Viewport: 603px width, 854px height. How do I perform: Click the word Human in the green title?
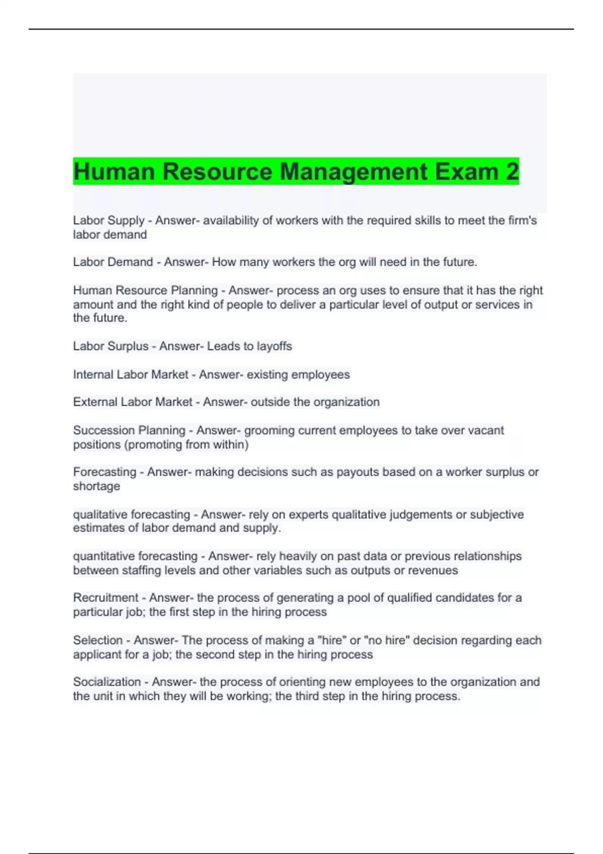[114, 172]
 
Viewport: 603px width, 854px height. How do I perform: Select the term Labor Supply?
[109, 221]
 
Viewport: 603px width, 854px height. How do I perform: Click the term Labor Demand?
[113, 262]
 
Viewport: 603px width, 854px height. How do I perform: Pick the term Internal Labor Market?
[131, 375]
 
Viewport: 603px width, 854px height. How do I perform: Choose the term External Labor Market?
[133, 402]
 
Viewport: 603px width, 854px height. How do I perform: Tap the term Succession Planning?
[129, 431]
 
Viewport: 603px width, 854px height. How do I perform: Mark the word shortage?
[96, 486]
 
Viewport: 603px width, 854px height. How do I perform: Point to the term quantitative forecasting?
[135, 556]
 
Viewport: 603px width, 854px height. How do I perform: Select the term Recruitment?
[106, 598]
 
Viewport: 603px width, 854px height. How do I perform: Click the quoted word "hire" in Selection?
[331, 640]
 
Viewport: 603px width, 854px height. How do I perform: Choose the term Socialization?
[107, 682]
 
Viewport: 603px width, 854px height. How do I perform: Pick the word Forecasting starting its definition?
[105, 472]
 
